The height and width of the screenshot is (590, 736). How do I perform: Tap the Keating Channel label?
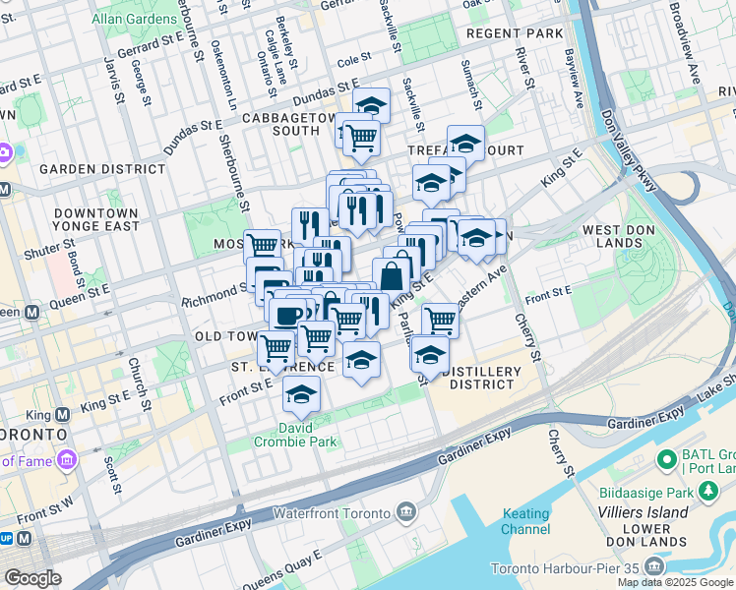pos(526,521)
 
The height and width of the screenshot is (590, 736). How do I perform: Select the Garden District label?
pos(102,169)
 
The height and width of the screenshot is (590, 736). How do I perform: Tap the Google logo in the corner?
pos(31,578)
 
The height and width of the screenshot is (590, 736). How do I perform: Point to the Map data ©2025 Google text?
pos(674,582)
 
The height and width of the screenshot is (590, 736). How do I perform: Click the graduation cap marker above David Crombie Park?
pos(301,395)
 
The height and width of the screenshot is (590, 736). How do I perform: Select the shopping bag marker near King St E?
pos(392,276)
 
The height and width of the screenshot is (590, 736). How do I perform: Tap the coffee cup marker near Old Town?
pos(286,316)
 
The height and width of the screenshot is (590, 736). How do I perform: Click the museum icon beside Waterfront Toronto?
pos(406,512)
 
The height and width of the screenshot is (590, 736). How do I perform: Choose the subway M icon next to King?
pos(61,415)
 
